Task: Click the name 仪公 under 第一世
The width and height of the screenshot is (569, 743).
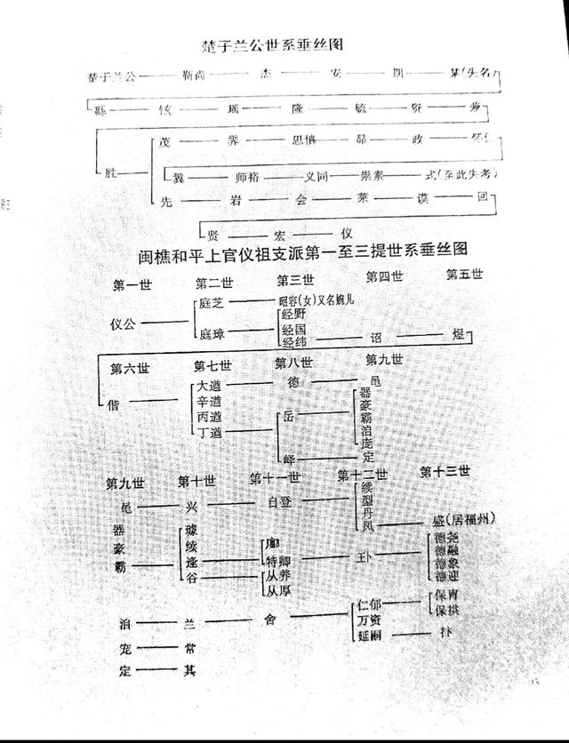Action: pos(126,321)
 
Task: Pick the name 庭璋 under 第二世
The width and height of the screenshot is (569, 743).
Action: pos(212,333)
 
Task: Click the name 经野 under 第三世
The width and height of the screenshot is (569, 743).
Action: pos(293,315)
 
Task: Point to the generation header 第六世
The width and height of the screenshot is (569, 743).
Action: pos(126,368)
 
